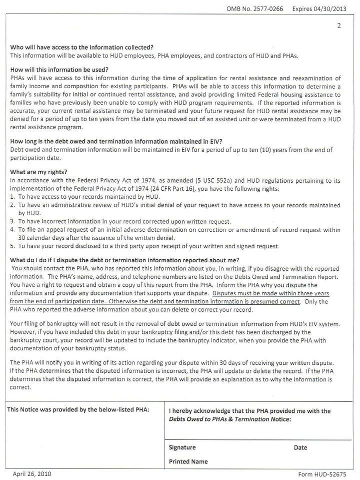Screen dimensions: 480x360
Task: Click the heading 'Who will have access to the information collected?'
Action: (81, 48)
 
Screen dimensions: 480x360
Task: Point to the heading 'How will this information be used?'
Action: (59, 69)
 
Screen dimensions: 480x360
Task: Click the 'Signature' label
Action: (182, 447)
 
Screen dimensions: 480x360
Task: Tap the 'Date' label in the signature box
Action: (300, 447)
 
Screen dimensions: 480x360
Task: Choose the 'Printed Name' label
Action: (188, 461)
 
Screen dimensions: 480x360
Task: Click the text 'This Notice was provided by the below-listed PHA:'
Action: (78, 410)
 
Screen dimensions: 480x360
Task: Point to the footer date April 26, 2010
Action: (31, 473)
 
